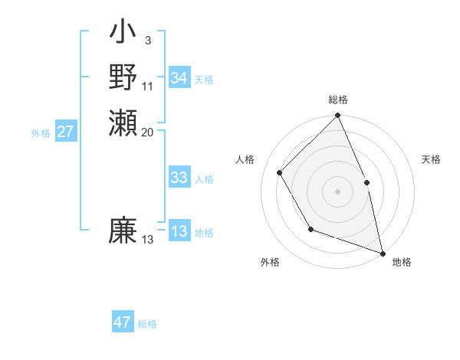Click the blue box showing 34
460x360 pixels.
tap(179, 78)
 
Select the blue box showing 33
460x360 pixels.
tap(179, 178)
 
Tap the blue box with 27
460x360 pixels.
tap(66, 132)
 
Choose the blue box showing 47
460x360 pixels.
tap(123, 322)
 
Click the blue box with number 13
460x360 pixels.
tap(179, 231)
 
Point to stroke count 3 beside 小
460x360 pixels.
tap(147, 41)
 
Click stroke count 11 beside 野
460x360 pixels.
tap(148, 86)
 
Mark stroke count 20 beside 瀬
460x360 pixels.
tap(148, 132)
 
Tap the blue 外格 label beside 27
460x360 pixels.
tap(41, 133)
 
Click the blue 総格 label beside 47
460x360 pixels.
tap(147, 324)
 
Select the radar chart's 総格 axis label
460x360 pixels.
tap(338, 100)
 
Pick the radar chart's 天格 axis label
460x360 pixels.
tap(431, 159)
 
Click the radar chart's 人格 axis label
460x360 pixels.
tap(245, 159)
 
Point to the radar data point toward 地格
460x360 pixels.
tap(383, 250)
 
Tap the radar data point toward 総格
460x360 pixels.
tap(337, 116)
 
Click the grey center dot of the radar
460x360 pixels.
tap(337, 191)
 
